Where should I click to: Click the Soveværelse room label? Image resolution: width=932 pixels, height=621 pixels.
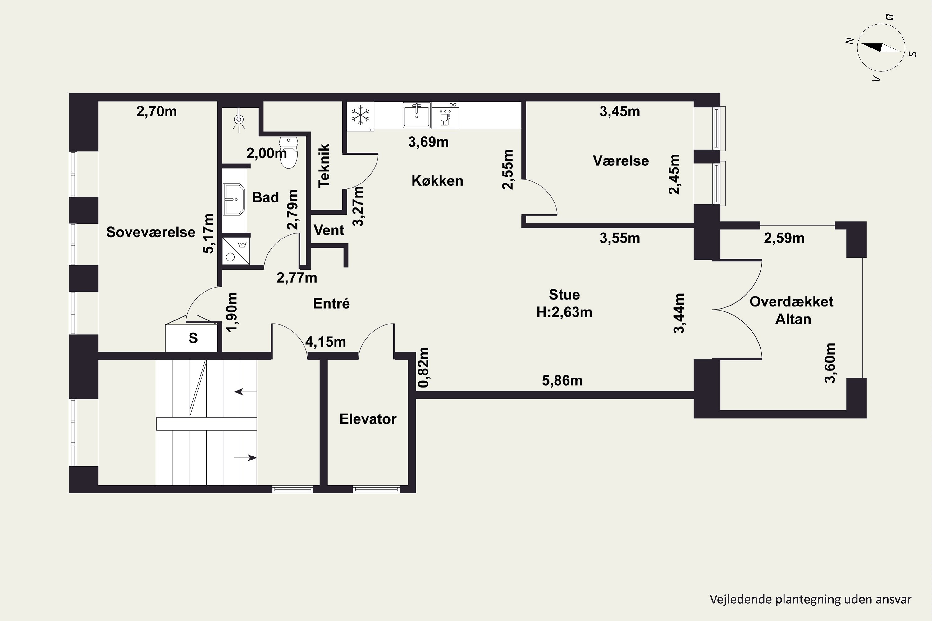[151, 232]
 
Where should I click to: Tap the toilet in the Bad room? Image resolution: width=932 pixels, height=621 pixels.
[289, 152]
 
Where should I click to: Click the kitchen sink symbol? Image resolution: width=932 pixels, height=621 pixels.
[417, 115]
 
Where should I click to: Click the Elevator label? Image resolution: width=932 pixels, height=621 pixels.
[368, 419]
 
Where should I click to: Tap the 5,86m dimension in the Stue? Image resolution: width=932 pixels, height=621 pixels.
[562, 381]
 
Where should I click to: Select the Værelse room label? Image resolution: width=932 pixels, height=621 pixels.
[620, 161]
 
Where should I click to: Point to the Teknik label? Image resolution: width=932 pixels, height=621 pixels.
[324, 165]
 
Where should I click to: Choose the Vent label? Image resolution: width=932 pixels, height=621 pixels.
[329, 230]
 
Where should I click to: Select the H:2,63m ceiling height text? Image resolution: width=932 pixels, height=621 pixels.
[564, 312]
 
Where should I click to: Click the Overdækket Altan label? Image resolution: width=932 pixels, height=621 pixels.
[792, 310]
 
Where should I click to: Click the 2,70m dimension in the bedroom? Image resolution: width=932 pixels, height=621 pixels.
[157, 112]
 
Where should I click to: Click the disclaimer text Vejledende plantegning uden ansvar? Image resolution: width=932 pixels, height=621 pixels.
[810, 599]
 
